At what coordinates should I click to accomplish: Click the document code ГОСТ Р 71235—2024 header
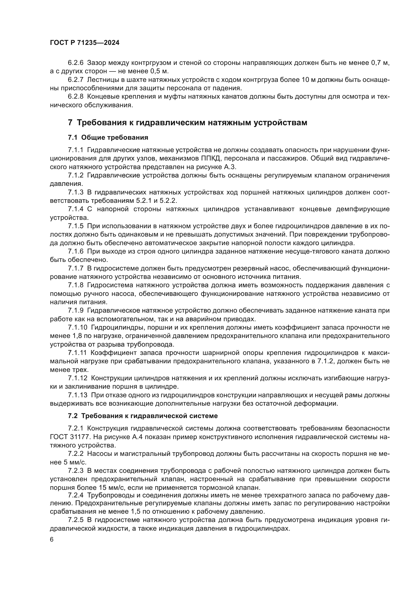pos(85,43)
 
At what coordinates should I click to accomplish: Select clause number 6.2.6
pos(75,63)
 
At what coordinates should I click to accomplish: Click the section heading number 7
pos(70,122)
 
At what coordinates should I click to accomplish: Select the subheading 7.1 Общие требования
pos(108,138)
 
